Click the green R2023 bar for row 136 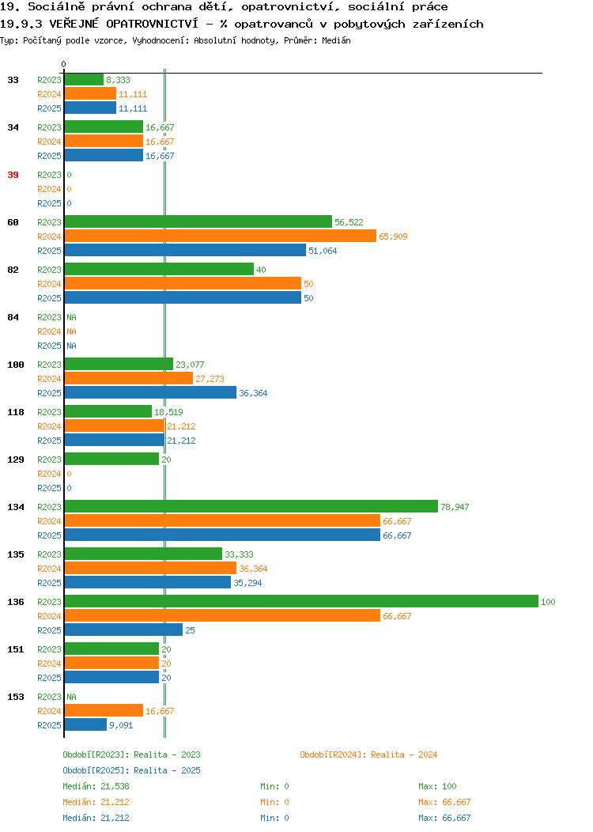click(301, 601)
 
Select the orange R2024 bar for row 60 click(221, 236)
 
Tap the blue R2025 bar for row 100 click(151, 392)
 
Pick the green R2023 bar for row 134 click(251, 507)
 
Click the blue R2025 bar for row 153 click(86, 724)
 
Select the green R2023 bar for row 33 click(85, 80)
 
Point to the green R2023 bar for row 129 click(112, 459)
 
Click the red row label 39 click(13, 175)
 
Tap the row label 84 click(13, 317)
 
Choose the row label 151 click(15, 649)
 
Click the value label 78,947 click(455, 507)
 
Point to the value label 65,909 click(393, 236)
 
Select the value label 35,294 click(247, 583)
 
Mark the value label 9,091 click(121, 725)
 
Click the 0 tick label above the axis click(64, 64)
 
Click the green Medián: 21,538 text click(96, 786)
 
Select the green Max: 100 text click(437, 786)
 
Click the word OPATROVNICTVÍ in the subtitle click(152, 24)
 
